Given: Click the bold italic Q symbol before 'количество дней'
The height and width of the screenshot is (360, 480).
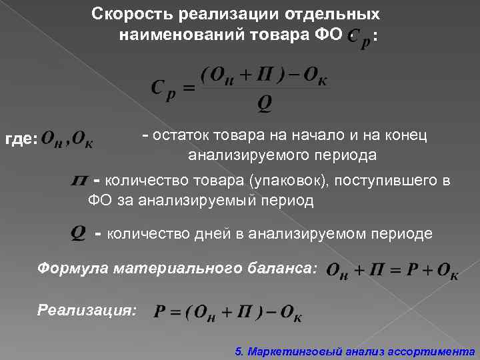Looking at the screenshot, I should point(77,233).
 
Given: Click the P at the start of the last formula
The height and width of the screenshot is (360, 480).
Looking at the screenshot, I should point(159,311).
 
